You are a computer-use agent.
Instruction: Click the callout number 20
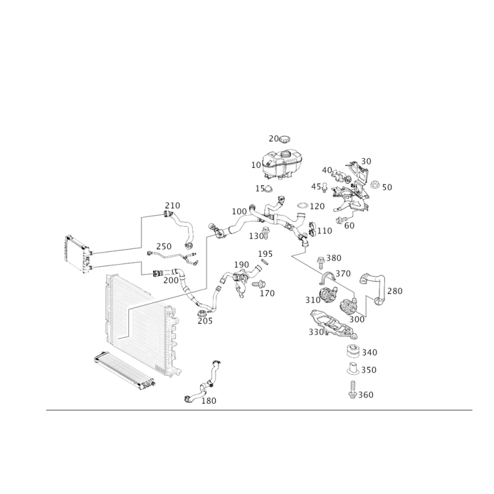click(x=273, y=138)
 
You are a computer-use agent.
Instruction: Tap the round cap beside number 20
click(x=285, y=138)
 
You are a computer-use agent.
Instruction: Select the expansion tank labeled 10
click(x=280, y=165)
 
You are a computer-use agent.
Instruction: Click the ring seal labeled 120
click(x=303, y=206)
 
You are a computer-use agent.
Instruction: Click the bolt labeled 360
click(x=352, y=390)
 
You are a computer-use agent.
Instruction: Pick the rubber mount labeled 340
click(x=353, y=351)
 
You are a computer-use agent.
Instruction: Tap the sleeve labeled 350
click(x=353, y=369)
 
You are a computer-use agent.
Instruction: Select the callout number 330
click(x=316, y=332)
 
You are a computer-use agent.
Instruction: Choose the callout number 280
click(x=395, y=291)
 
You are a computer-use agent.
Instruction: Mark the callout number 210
click(x=172, y=206)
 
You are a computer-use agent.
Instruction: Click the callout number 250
click(x=164, y=246)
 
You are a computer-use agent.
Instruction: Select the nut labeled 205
click(x=201, y=314)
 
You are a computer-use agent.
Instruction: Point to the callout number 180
click(x=209, y=401)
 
